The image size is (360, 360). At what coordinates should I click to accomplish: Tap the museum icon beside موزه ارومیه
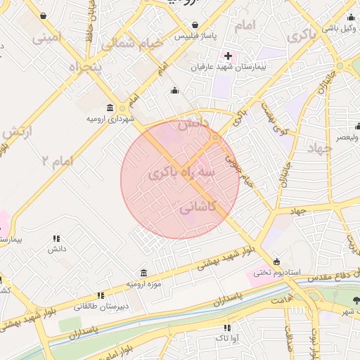(143, 273)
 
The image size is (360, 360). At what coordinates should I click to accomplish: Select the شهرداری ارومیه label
(110, 119)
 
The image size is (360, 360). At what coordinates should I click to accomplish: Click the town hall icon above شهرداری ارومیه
(110, 108)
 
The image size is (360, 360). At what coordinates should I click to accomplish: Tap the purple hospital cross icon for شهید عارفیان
(228, 55)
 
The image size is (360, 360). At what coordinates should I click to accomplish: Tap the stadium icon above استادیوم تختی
(276, 262)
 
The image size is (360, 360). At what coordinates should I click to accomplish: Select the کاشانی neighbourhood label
(198, 208)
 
